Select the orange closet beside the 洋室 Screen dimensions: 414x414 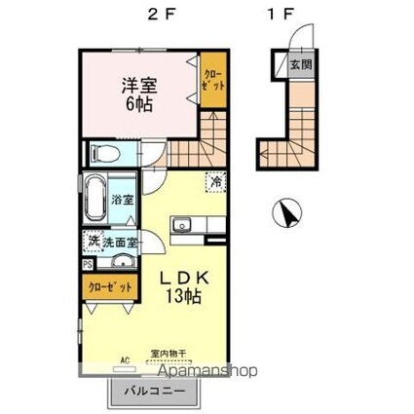[213, 80]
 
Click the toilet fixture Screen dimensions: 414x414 [103, 154]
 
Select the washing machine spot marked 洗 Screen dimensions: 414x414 [92, 241]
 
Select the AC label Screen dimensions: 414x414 [125, 360]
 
